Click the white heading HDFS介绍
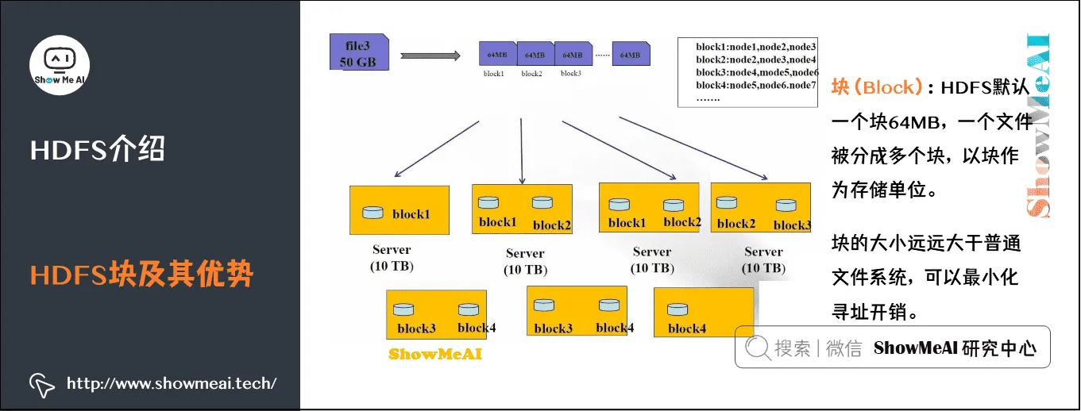97,149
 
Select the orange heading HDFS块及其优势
141,275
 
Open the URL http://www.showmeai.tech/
172,384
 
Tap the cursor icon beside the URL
41,385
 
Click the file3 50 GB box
358,51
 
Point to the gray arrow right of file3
430,56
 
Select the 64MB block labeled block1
497,54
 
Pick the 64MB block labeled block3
573,54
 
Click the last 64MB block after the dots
631,54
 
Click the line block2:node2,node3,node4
755,60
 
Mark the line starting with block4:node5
755,85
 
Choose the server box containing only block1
399,210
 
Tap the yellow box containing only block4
703,313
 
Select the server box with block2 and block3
760,208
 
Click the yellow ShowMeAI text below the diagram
434,354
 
